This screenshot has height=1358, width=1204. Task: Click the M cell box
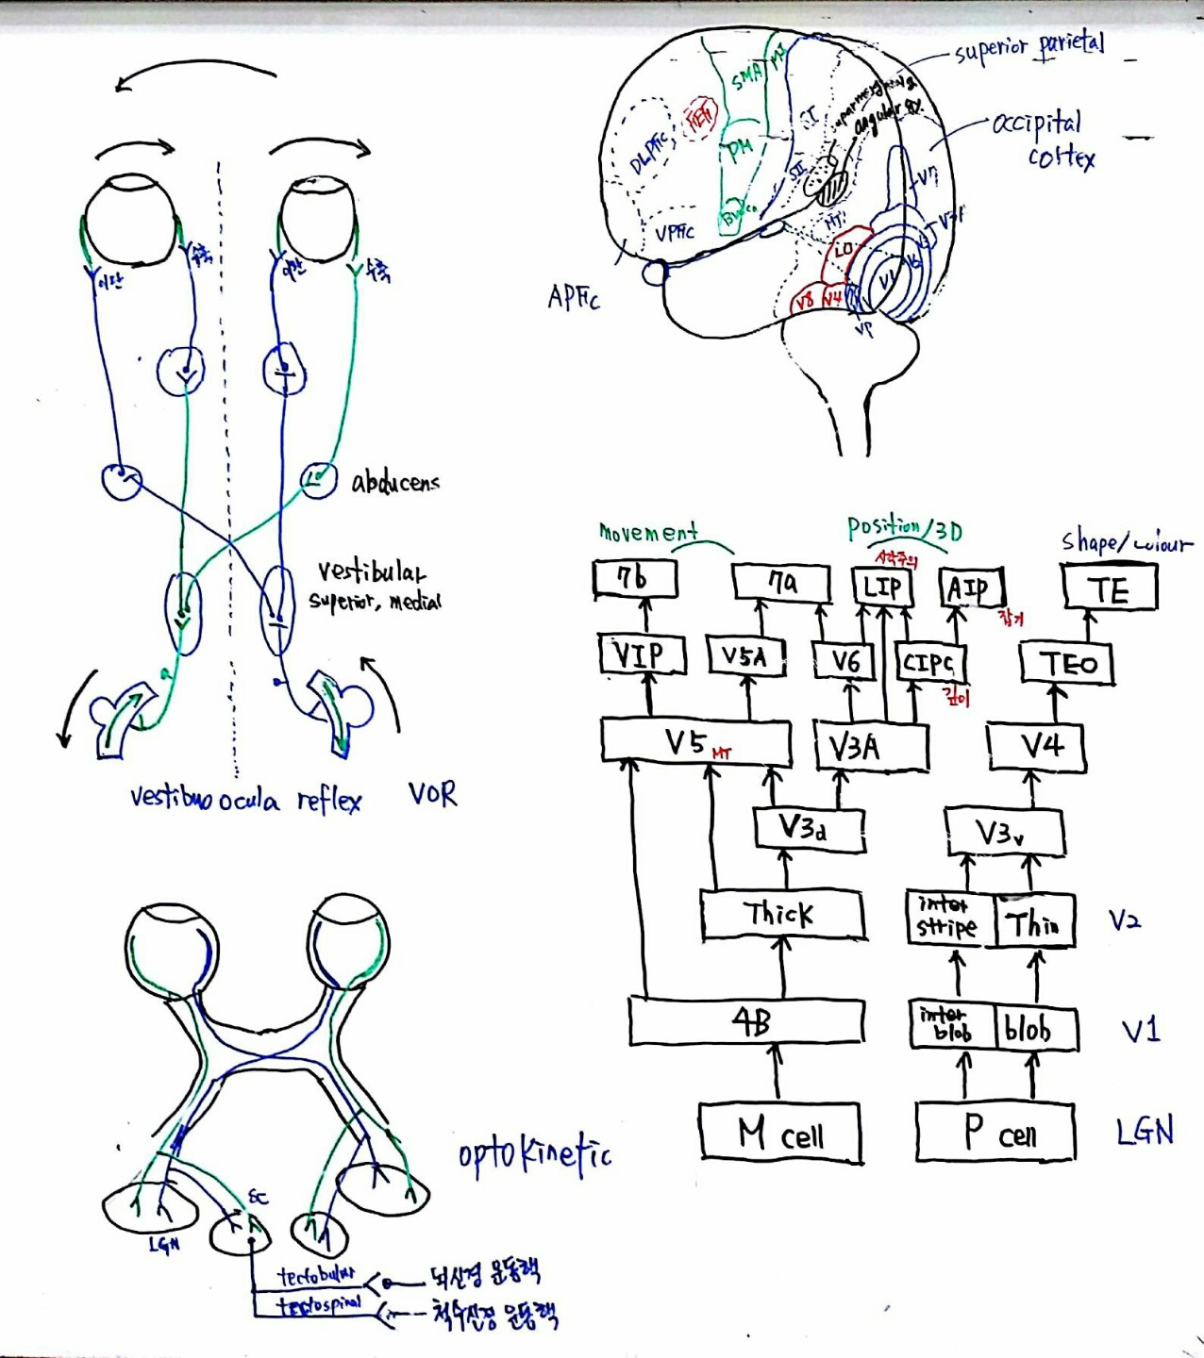(x=779, y=1133)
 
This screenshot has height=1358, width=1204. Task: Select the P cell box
(x=995, y=1132)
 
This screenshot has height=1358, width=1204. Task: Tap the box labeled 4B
(x=746, y=1022)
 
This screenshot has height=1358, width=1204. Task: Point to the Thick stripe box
(x=782, y=914)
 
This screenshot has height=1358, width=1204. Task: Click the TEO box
(x=1067, y=664)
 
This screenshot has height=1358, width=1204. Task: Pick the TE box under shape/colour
(x=1109, y=588)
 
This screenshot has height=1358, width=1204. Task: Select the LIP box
(x=882, y=588)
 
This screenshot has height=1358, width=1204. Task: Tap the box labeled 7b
(x=635, y=579)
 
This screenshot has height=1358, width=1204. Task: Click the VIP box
(x=642, y=654)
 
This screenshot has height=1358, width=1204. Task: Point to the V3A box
(x=870, y=747)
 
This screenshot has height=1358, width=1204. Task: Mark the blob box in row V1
(x=1035, y=1027)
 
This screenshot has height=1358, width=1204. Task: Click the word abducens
(x=395, y=483)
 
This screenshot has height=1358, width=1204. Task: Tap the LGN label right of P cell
(x=1145, y=1130)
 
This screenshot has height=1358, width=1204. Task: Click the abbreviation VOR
(x=432, y=794)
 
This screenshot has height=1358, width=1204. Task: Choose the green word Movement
(x=648, y=532)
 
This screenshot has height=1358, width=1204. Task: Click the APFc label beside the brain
(x=573, y=298)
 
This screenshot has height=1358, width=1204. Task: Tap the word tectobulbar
(x=316, y=1275)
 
